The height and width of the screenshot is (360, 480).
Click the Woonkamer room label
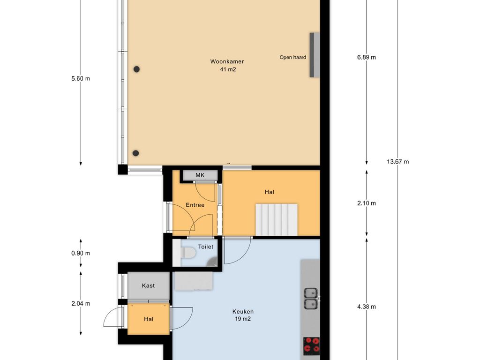[227, 61]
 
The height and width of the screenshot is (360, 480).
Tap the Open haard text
[292, 57]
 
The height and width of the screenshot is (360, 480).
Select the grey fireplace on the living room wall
[315, 55]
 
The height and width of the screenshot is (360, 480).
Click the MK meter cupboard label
[200, 175]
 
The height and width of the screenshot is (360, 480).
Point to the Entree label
[195, 205]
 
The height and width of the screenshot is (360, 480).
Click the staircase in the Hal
[277, 220]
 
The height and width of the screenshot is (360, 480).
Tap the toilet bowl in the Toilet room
[188, 253]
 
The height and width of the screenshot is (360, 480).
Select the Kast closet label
[148, 285]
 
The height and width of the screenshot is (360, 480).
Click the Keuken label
[243, 312]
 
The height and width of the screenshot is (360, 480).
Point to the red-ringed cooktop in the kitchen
[311, 345]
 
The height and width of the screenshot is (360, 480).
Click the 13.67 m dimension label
[397, 162]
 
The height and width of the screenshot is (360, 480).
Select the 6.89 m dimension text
[367, 57]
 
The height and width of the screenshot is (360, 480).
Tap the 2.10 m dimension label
[367, 203]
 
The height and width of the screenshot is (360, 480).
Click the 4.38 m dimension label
[367, 307]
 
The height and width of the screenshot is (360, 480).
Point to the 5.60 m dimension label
[81, 79]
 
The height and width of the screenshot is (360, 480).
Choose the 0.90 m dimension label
[81, 253]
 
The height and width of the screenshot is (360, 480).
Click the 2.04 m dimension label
[81, 304]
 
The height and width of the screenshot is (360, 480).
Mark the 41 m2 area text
[228, 69]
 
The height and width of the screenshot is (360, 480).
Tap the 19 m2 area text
[243, 319]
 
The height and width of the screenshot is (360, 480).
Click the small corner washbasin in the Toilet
[212, 262]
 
